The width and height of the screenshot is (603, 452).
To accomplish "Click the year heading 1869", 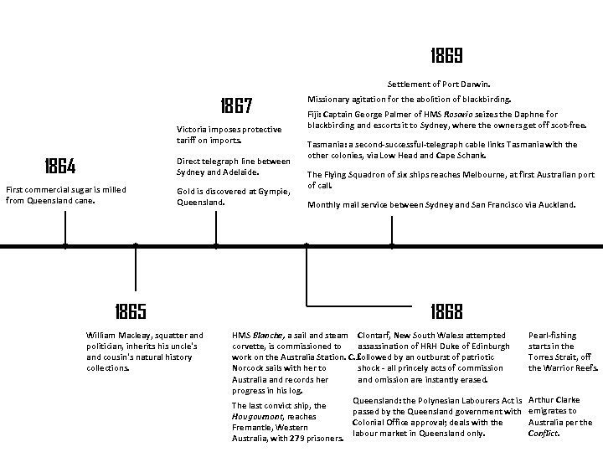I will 446,56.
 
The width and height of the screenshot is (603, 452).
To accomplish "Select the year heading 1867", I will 236,106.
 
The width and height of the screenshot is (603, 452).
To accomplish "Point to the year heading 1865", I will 131,311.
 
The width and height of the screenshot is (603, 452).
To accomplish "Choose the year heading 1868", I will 446,311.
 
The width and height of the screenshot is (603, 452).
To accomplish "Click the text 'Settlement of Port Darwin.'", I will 444,84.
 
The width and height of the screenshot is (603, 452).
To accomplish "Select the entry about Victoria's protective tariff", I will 229,134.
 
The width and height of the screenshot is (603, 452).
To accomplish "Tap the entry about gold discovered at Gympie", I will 233,197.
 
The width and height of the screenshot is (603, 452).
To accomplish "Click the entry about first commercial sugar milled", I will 65,195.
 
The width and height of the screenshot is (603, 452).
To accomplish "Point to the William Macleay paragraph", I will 145,352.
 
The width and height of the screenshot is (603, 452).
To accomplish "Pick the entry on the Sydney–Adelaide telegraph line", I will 233,166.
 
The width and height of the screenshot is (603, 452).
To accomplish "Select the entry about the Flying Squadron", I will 451,180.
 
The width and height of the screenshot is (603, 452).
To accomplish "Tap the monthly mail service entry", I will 441,204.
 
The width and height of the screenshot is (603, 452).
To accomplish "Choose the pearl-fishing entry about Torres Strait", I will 563,352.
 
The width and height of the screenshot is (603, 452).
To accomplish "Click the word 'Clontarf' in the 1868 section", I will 374,336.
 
